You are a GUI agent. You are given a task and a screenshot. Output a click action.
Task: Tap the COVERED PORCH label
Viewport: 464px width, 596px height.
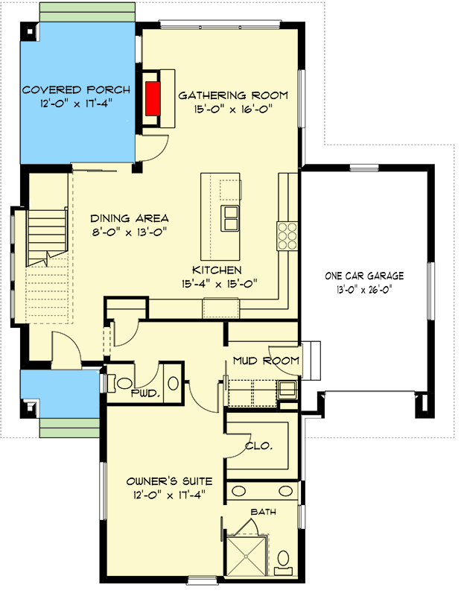point(76,90)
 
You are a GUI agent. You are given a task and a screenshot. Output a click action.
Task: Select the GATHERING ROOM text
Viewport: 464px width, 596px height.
point(232,95)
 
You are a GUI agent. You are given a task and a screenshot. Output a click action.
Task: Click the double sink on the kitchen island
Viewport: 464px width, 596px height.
point(231,218)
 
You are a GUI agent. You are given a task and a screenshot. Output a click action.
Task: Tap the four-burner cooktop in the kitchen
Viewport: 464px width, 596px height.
point(287,235)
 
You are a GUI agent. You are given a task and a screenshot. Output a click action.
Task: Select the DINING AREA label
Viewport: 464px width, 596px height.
point(130,218)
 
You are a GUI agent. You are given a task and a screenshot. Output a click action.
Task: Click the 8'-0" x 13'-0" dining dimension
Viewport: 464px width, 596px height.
point(130,232)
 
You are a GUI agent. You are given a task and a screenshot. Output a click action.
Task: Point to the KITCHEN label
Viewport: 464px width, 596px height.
point(217,270)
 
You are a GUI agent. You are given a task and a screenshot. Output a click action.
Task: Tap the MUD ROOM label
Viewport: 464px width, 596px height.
point(266,361)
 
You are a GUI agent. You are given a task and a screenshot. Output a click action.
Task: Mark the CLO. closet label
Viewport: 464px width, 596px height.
point(258,446)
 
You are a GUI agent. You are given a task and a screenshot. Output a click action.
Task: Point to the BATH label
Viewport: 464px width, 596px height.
point(261,512)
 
